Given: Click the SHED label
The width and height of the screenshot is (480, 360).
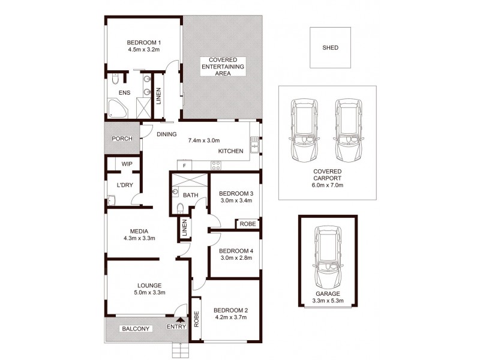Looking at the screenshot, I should (331, 47).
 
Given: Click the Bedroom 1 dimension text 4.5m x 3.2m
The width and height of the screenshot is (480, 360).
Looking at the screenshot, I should (144, 50).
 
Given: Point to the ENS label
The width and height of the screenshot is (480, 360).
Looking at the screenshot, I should (124, 93).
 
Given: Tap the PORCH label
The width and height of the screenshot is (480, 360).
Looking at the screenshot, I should (122, 139).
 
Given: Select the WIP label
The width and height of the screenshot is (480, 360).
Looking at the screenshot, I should (127, 163).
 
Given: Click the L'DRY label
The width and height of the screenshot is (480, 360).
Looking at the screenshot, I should (125, 185).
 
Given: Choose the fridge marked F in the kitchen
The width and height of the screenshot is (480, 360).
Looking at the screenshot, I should (185, 164).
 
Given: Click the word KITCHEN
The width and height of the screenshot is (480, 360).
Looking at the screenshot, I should (230, 151).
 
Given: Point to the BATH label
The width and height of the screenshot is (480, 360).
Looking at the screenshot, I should (190, 195).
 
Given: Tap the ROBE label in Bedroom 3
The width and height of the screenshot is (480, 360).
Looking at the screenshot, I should (248, 224).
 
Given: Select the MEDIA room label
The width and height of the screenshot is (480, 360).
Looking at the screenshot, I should (139, 231).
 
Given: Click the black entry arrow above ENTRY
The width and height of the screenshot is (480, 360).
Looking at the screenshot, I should (178, 320).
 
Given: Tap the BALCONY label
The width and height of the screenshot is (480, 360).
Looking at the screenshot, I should (136, 329).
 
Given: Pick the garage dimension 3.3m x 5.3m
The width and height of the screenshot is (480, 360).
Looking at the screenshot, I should (328, 301).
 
